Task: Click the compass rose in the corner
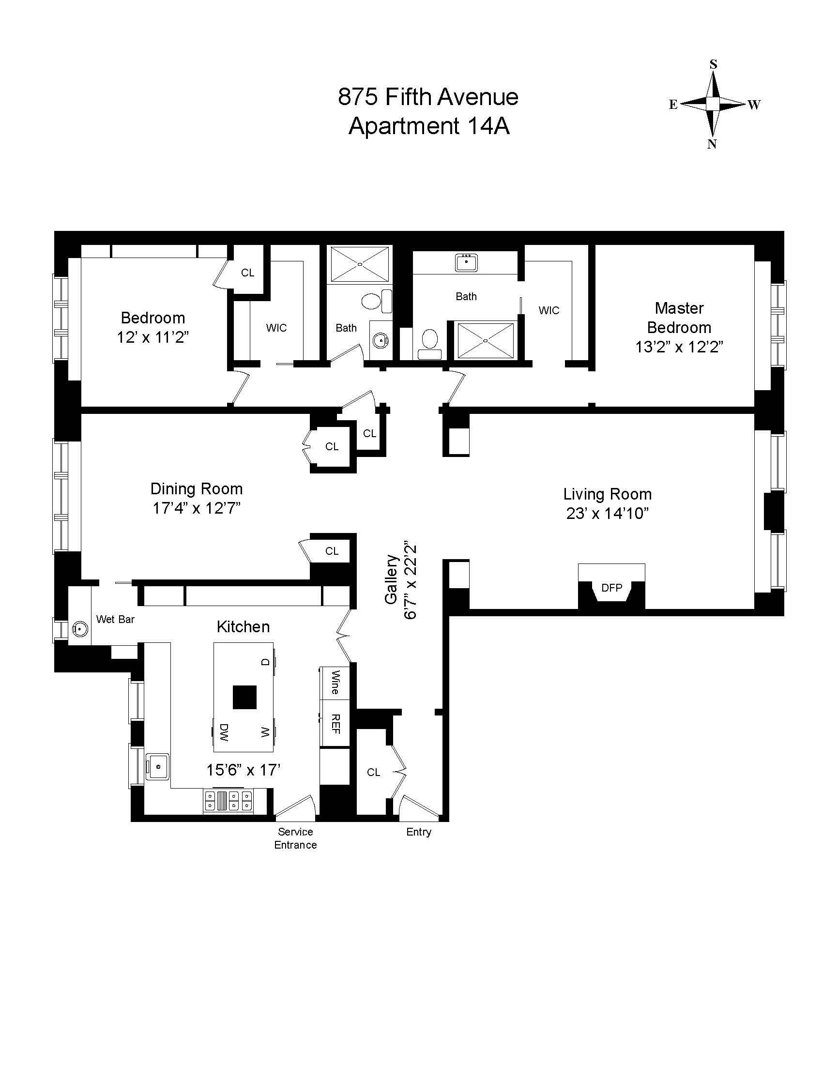click(713, 104)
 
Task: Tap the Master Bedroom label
click(679, 318)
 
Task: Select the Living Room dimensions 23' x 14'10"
click(607, 514)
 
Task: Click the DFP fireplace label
click(611, 588)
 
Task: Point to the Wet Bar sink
click(78, 629)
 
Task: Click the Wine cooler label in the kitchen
click(335, 682)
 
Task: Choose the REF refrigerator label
click(335, 724)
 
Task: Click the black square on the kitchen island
click(244, 697)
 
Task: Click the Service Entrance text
click(295, 838)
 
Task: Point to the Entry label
click(419, 832)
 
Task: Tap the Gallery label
click(392, 579)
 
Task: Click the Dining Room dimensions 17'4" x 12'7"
click(197, 508)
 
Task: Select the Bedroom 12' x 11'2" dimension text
click(152, 337)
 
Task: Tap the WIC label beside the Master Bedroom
click(549, 310)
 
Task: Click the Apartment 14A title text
click(429, 126)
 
